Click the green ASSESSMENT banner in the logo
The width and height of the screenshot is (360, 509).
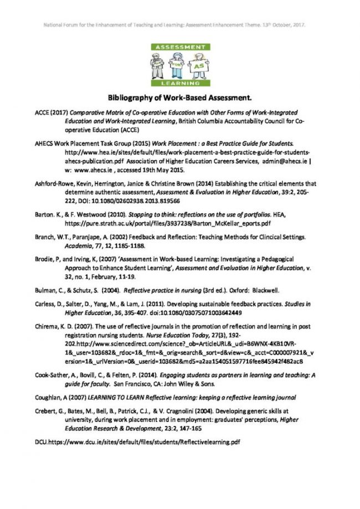click(x=179, y=48)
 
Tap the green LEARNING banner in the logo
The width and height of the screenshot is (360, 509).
click(x=179, y=83)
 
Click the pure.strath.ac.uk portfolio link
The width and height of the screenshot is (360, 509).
click(x=168, y=223)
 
